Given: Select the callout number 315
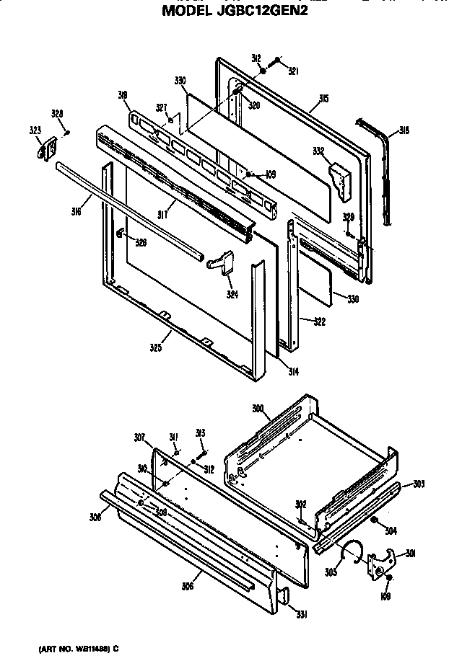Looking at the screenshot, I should (x=325, y=98).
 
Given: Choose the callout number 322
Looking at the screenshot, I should (x=313, y=321).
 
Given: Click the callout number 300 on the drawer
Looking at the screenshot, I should (x=258, y=409).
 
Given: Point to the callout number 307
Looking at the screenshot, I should (x=139, y=438).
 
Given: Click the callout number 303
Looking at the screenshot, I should (x=419, y=484).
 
